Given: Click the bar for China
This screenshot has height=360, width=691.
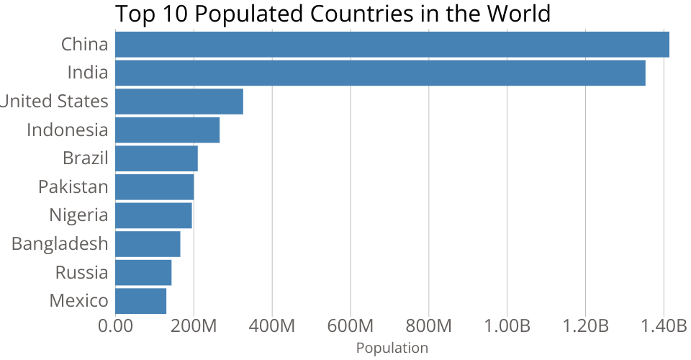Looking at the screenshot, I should (392, 45).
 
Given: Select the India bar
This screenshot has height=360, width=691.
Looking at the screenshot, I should (380, 73).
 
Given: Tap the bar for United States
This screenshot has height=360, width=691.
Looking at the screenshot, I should (179, 102).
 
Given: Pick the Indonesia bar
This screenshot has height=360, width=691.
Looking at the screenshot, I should (167, 130).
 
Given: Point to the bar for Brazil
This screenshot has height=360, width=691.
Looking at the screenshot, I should (156, 158).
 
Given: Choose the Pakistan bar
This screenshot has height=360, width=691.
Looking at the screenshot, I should (154, 187).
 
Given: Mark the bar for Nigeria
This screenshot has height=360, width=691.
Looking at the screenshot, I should (153, 215).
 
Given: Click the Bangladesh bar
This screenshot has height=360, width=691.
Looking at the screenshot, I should (148, 244).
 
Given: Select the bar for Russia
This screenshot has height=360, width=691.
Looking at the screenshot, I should (143, 273).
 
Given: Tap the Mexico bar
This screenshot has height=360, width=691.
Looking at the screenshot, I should (140, 301).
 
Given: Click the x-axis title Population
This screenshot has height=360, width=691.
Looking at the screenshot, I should (392, 348).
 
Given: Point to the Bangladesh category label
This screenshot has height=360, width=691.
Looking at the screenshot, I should (60, 244).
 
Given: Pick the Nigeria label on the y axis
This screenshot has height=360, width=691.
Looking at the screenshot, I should (78, 215).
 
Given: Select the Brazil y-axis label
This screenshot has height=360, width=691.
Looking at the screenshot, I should (85, 158).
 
